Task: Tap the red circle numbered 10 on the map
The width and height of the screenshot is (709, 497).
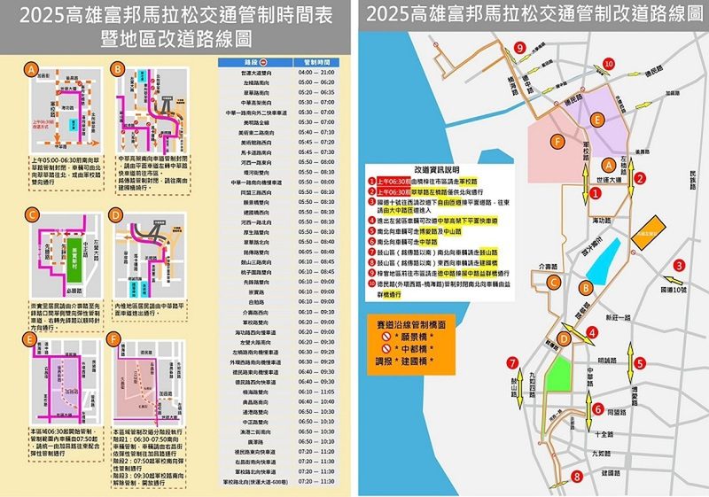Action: (x=608, y=63)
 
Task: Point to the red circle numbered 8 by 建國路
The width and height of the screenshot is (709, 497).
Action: (x=577, y=477)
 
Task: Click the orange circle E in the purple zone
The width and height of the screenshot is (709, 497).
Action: (x=598, y=119)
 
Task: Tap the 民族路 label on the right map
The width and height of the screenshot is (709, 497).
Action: (x=694, y=183)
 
